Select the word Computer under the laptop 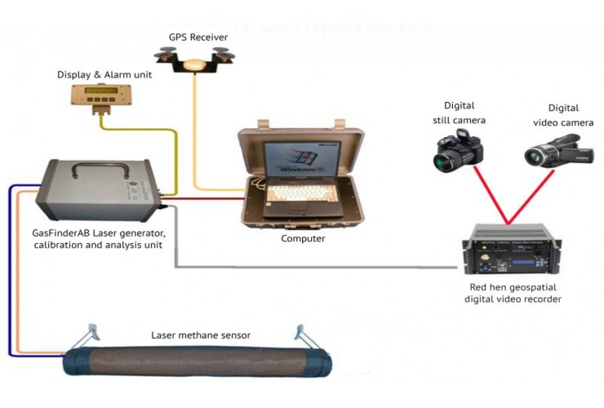coord(303,238)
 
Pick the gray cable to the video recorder coord(326,268)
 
